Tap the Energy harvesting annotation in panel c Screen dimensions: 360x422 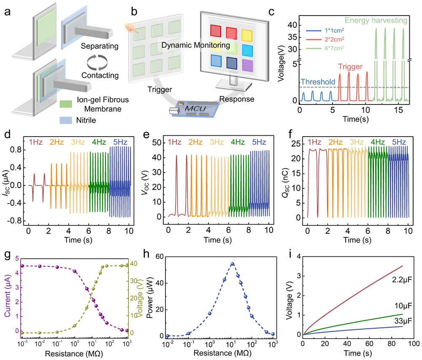(375, 19)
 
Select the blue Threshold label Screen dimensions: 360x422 (317, 82)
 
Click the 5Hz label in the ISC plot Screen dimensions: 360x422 (118, 142)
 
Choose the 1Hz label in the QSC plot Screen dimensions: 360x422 (315, 142)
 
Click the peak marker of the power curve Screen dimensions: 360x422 (232, 264)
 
